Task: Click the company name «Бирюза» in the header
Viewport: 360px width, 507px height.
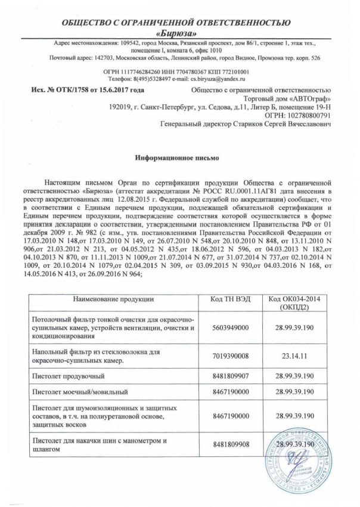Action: coord(179,33)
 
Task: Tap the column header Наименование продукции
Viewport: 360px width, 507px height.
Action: coord(114,298)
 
